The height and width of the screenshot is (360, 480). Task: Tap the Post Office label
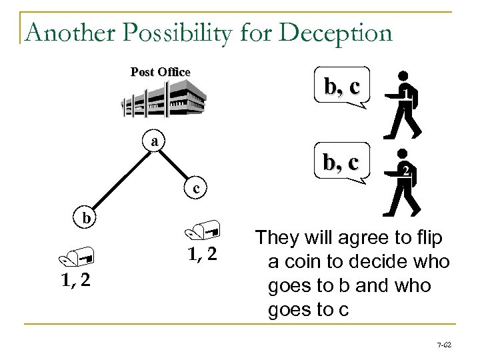[160, 72]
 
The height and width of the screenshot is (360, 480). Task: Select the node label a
[155, 141]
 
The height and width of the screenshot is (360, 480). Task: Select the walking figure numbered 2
[402, 181]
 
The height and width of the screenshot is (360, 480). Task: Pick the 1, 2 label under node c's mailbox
[203, 257]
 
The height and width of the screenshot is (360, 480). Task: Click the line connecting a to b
[120, 180]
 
